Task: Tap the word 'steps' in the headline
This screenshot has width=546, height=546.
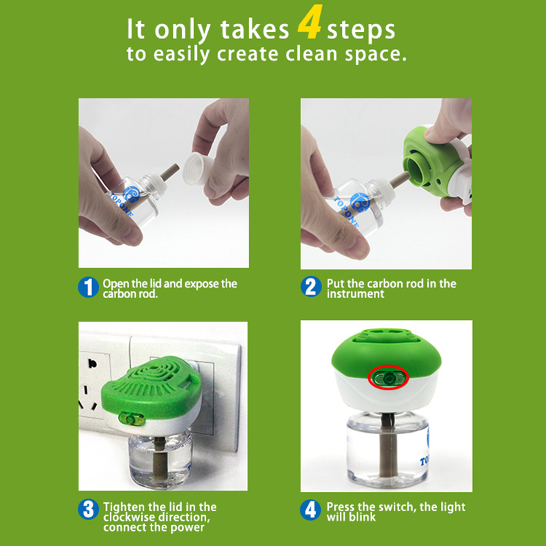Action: pyautogui.click(x=361, y=29)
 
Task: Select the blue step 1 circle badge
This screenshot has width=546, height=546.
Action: pyautogui.click(x=88, y=287)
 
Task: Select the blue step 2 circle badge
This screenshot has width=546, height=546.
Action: pyautogui.click(x=311, y=287)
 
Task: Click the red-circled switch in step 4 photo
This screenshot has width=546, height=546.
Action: pyautogui.click(x=388, y=376)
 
